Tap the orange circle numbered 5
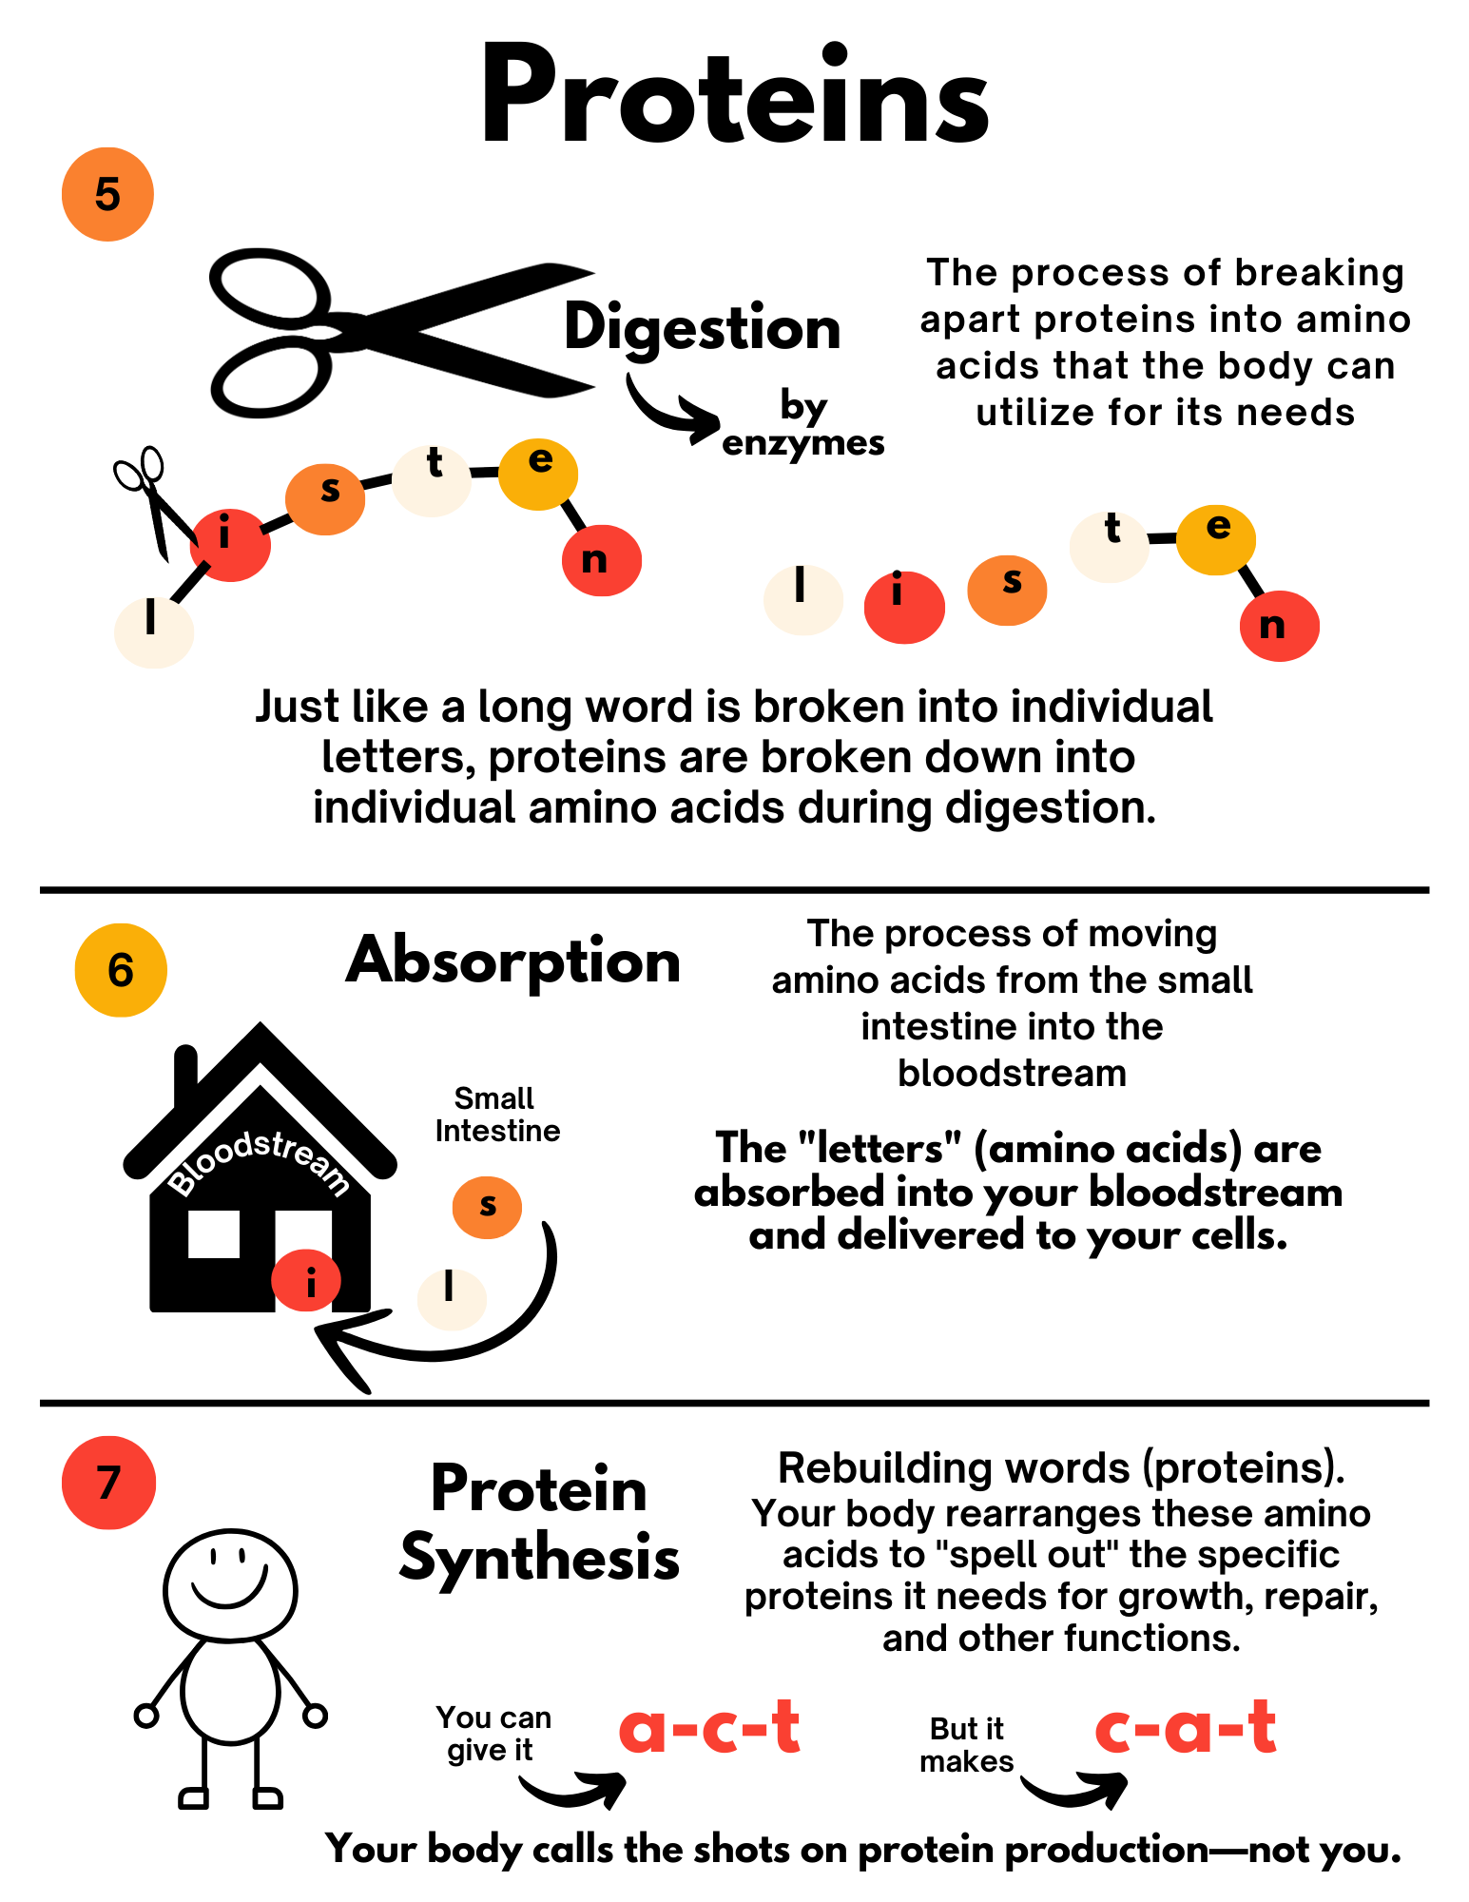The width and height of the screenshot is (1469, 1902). (107, 194)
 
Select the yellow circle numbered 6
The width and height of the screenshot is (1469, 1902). (121, 970)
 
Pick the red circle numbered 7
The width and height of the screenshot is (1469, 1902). (108, 1483)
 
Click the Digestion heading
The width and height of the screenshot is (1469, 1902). (702, 328)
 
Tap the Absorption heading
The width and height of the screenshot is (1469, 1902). (513, 961)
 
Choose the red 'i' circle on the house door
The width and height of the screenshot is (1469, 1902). (306, 1281)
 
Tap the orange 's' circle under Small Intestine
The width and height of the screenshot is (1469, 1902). (487, 1207)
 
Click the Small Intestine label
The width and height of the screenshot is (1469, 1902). (496, 1115)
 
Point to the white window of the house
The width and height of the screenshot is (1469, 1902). (214, 1233)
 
